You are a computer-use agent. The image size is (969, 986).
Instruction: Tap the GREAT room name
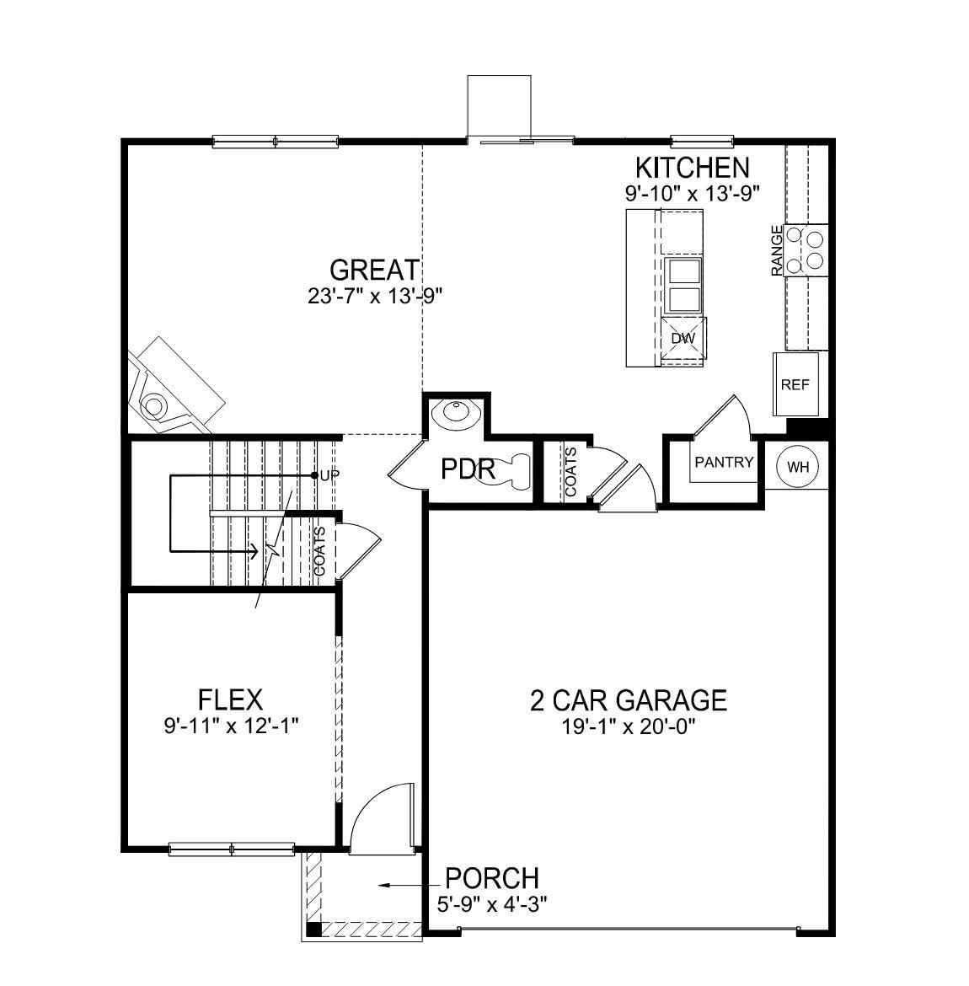[373, 271]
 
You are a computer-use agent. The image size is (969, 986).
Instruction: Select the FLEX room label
[230, 699]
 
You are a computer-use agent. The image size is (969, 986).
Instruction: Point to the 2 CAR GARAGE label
[628, 699]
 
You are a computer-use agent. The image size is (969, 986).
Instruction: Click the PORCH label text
[492, 878]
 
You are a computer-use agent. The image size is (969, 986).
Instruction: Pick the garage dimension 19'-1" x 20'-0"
[628, 726]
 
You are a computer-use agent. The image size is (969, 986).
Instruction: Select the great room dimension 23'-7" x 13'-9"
[375, 296]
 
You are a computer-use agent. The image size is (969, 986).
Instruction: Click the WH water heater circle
[796, 467]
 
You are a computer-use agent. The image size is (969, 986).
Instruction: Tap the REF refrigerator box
[795, 384]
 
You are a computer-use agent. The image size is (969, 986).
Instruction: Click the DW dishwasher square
[683, 339]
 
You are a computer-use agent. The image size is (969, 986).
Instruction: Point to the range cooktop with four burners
[805, 249]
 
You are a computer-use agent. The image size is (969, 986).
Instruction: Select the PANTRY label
[723, 462]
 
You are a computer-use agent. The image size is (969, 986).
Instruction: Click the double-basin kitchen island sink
[683, 286]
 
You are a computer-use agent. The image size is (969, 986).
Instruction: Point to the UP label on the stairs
[329, 475]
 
